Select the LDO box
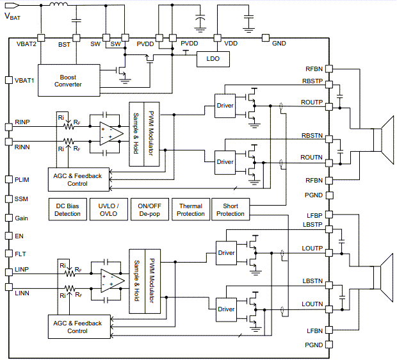point(213,58)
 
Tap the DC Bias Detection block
point(67,209)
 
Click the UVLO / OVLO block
point(108,209)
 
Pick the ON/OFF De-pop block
point(149,209)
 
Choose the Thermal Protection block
point(190,209)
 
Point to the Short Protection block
point(231,209)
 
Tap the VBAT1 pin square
point(8,80)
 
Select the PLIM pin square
point(8,180)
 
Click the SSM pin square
point(8,199)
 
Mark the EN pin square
point(8,236)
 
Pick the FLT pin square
point(8,254)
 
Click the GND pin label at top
point(279,44)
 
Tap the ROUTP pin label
point(312,102)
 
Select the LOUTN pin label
point(312,304)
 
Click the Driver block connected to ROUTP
point(225,106)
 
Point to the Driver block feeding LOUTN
point(226,309)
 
